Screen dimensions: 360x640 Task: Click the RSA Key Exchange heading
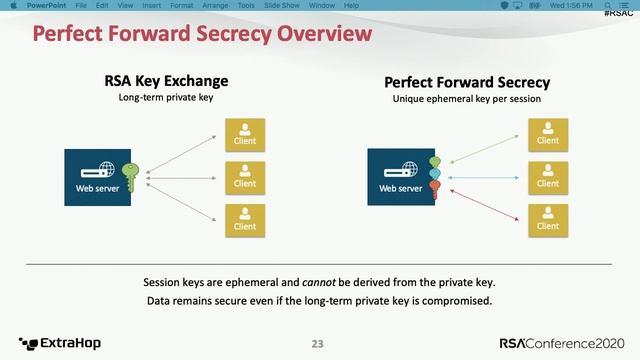pos(167,81)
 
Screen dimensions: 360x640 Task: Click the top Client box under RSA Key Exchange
pos(245,133)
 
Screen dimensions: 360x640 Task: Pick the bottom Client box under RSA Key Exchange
pos(245,219)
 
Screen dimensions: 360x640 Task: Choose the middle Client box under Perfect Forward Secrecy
pos(547,176)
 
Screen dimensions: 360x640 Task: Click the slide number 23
pos(318,344)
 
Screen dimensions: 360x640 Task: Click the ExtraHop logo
pos(60,343)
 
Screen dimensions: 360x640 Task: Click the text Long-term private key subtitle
pos(167,98)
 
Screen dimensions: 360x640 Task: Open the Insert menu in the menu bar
pos(153,5)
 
